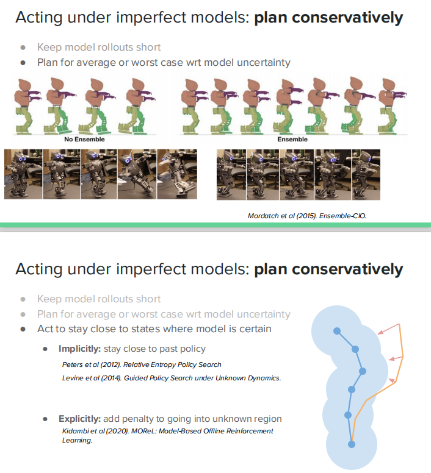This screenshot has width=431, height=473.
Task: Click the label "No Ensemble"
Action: coord(85,140)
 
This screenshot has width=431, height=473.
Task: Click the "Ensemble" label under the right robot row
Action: coord(292,140)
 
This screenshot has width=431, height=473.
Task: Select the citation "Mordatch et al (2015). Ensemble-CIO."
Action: coord(307,216)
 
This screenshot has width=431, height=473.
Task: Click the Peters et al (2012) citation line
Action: coord(142,365)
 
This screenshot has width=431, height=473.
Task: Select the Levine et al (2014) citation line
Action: coord(172,378)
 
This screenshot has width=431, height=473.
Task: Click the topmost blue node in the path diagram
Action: coord(336,331)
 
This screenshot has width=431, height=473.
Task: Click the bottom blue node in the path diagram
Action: coord(352,445)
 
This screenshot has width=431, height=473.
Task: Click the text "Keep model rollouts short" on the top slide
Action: coord(99,47)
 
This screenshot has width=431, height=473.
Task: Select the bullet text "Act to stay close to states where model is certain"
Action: coord(154,329)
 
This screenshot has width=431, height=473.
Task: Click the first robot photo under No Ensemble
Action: coord(23,174)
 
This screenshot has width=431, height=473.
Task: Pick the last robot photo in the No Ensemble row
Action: coord(177,174)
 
